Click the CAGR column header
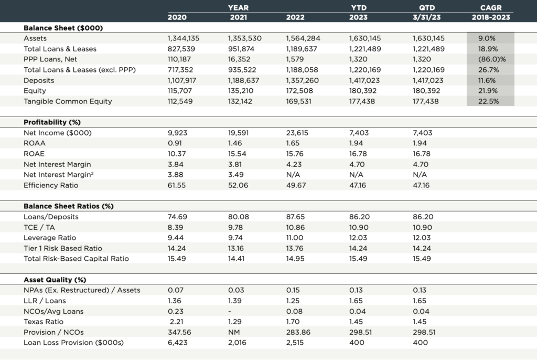490,8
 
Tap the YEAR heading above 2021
239,8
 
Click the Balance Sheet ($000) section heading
63,28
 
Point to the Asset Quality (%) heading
55,280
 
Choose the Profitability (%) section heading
52,122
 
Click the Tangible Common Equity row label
68,101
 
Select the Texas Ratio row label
44,322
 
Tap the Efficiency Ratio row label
51,185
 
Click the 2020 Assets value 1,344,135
184,38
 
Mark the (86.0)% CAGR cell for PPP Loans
491,59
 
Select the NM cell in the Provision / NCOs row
234,332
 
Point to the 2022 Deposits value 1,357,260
303,80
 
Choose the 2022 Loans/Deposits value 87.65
296,217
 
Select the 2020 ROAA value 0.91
175,143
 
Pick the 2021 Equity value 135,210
240,91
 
